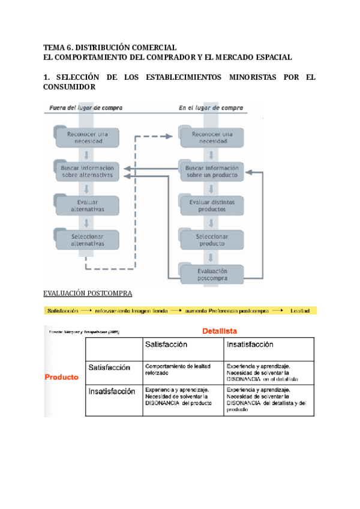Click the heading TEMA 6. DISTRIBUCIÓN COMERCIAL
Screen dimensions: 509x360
[110, 47]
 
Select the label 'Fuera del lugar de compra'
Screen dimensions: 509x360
[83, 108]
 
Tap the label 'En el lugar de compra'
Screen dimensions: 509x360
[211, 108]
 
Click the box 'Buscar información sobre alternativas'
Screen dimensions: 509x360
[88, 172]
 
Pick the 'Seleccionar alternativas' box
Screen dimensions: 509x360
[88, 240]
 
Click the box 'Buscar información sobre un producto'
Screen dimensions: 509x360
[212, 172]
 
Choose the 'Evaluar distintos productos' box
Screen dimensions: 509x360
[212, 206]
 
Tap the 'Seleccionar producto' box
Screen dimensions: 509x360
[212, 240]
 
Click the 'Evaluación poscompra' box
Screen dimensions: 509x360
[212, 274]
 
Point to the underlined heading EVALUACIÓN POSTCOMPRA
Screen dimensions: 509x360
[88, 294]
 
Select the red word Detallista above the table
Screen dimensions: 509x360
[220, 331]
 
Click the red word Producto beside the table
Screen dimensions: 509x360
[62, 378]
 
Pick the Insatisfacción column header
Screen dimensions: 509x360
[250, 345]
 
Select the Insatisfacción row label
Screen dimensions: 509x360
[112, 391]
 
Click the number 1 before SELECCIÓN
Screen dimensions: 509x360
[46, 77]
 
